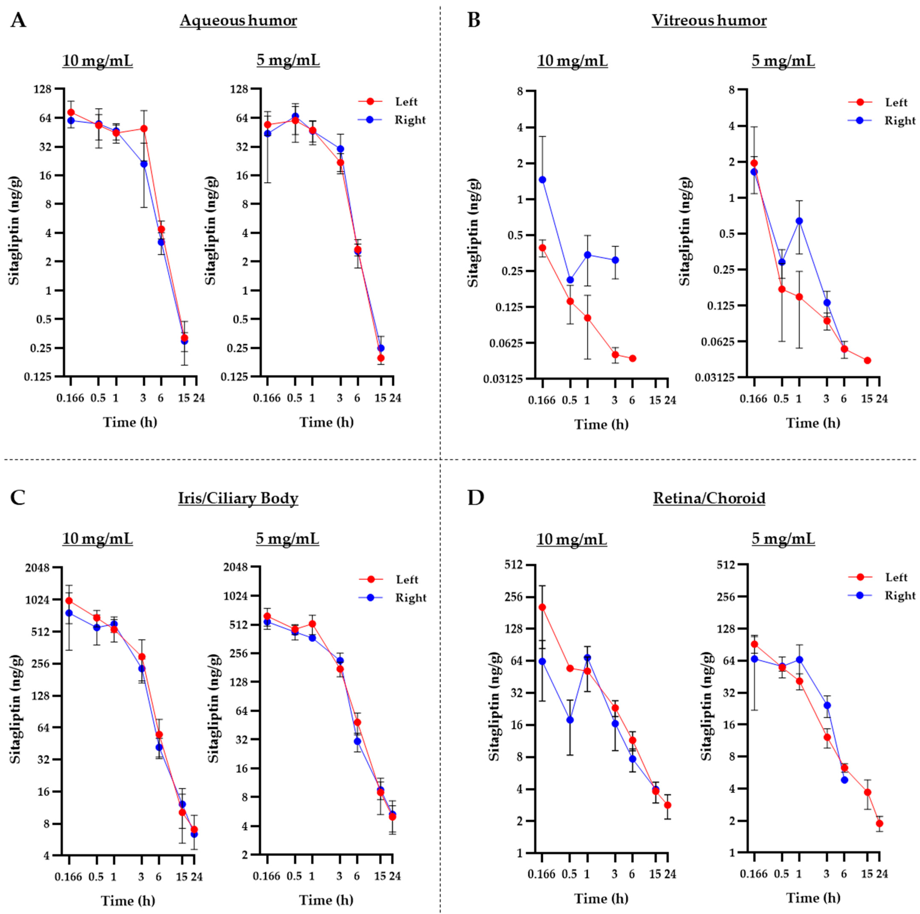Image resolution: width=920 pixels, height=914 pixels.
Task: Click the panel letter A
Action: [x=18, y=21]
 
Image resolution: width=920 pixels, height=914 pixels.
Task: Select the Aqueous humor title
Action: [x=238, y=20]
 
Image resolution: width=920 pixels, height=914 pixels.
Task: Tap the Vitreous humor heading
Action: [x=709, y=20]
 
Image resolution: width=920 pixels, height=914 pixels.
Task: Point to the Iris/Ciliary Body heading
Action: [x=238, y=498]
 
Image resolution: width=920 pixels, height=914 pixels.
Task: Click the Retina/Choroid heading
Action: [x=709, y=498]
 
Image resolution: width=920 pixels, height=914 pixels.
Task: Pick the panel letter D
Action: [x=475, y=498]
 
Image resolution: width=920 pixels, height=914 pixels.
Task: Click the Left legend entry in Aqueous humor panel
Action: [x=406, y=102]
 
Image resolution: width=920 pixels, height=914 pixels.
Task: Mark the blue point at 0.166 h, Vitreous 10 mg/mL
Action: [x=542, y=180]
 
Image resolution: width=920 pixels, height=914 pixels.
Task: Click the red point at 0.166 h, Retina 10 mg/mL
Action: [x=542, y=607]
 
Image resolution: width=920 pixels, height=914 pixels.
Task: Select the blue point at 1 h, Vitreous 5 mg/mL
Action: [x=799, y=221]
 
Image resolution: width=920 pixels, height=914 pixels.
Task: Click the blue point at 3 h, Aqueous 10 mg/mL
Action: [x=143, y=164]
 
